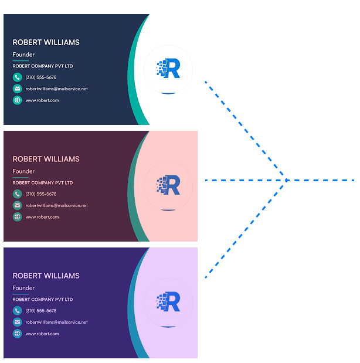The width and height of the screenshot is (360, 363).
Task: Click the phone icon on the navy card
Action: [x=18, y=77]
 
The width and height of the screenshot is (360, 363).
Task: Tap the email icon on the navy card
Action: [x=18, y=89]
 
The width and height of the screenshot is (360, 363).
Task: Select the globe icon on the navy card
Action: [x=18, y=100]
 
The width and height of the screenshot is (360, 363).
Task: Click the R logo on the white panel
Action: [x=168, y=68]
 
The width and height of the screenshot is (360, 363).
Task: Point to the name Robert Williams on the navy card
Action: [x=46, y=42]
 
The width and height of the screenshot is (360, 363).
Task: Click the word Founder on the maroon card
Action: [x=23, y=171]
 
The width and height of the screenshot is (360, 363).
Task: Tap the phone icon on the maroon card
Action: [x=18, y=194]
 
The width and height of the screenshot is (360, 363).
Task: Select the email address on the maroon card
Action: [x=57, y=206]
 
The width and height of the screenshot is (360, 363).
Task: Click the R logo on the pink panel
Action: [x=168, y=185]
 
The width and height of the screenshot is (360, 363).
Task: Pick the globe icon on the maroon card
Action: [x=18, y=217]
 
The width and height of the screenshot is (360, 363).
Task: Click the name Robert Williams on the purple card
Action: [x=46, y=276]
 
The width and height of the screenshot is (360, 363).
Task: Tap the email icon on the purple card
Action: [x=18, y=322]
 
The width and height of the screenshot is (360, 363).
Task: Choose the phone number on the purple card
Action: [x=41, y=311]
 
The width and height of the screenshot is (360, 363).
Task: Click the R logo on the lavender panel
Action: [x=168, y=301]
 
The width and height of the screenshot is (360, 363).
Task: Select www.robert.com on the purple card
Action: [x=42, y=334]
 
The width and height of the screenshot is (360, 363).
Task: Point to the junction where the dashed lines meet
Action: [x=286, y=180]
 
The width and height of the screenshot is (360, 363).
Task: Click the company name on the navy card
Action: [x=43, y=66]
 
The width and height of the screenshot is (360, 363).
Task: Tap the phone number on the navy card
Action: [x=41, y=77]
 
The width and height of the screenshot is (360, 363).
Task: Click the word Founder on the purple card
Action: [x=23, y=288]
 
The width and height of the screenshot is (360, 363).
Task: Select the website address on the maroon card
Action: [x=42, y=217]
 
